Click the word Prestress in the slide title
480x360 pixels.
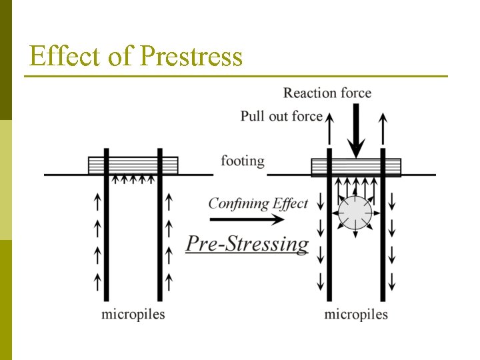coord(191,57)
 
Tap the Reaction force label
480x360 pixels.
coord(327,93)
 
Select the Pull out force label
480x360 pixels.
coord(281,116)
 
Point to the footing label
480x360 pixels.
coord(243,161)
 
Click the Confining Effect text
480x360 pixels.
coord(258,203)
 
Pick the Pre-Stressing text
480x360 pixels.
coord(247,243)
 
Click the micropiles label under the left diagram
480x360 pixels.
coord(133,313)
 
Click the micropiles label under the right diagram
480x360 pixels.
coord(356,313)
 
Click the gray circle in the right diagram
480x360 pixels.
coord(355,213)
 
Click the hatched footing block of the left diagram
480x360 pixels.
coord(133,165)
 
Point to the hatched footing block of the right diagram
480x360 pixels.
coord(356,167)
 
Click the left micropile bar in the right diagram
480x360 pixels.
coord(329,233)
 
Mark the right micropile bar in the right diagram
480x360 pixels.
coord(383,233)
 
